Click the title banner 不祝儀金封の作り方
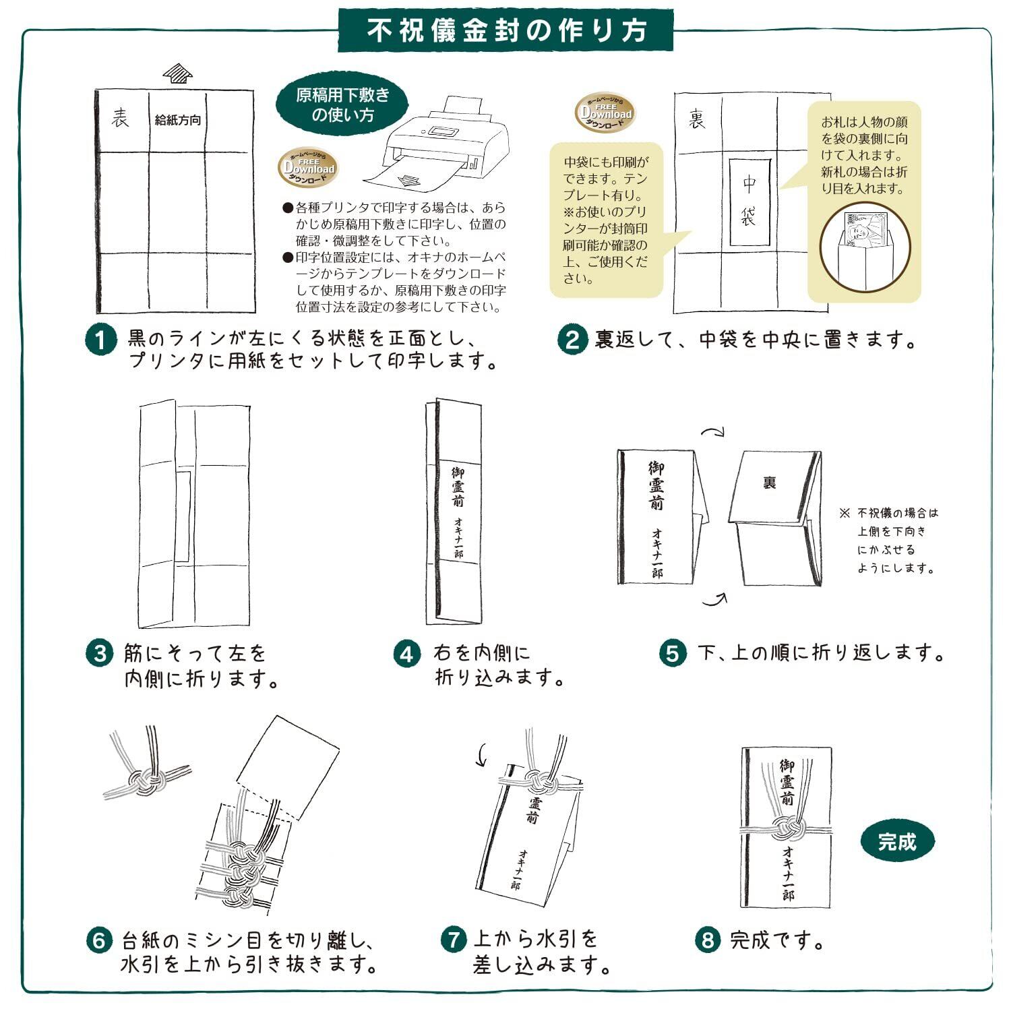tap(506, 30)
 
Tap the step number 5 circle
tap(672, 653)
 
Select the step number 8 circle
tap(707, 939)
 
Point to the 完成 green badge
tap(897, 841)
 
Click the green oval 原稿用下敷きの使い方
tap(342, 104)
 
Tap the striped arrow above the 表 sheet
tap(177, 73)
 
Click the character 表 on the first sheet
tap(121, 119)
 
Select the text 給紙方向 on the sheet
tap(177, 120)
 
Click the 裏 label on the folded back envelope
tap(769, 483)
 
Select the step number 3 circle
tap(100, 653)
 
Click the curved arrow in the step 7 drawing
tap(482, 755)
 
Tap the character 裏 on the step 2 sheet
tap(697, 120)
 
